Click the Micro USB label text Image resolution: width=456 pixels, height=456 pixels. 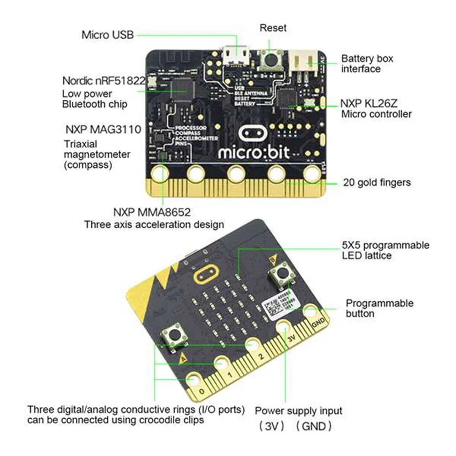pos(108,34)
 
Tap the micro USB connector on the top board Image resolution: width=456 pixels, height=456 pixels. pos(236,57)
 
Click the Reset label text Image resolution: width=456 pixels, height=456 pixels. pos(273,28)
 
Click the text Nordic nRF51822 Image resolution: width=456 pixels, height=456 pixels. pos(104,81)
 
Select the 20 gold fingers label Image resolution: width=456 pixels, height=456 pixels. pos(377,182)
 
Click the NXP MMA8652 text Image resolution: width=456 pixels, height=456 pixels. pos(152,212)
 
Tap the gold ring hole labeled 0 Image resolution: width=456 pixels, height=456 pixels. pos(194,381)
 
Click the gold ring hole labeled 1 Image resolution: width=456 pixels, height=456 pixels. pos(222,363)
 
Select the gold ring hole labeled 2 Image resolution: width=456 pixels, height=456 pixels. pos(253,345)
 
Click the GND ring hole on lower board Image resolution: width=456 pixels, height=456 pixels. pos(312,312)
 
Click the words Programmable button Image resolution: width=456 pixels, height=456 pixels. pos(379,308)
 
